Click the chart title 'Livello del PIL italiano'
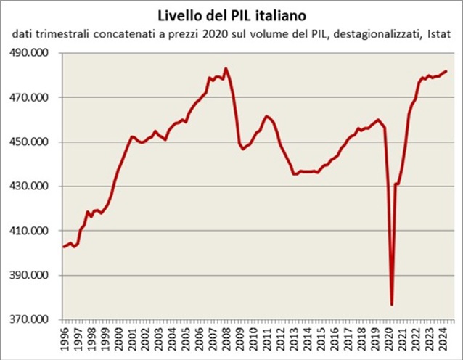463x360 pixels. tap(231, 15)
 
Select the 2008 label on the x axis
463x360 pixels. tap(227, 339)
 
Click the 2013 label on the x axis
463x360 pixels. tap(294, 339)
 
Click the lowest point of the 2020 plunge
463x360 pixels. tap(392, 305)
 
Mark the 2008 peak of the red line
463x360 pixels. tap(226, 68)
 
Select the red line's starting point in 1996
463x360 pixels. tap(64, 247)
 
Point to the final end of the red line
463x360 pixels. tap(446, 71)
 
